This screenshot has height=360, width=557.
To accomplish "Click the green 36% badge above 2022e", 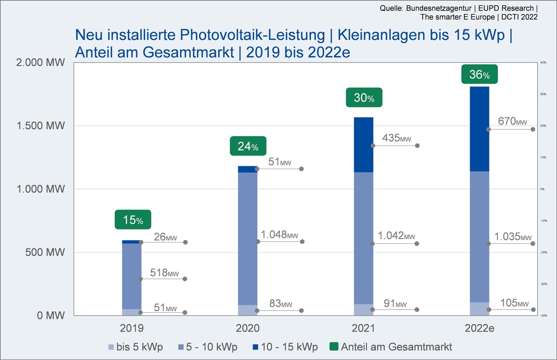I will click(479, 74).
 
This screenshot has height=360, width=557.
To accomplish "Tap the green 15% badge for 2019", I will click(133, 220).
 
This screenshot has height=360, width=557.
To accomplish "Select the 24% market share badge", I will click(248, 146).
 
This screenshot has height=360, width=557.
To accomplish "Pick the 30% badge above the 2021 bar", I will click(364, 98).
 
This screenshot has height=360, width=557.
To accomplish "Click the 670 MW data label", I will click(512, 121).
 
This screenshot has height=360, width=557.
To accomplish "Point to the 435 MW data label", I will click(397, 138).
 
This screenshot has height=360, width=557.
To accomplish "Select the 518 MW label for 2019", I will click(164, 273).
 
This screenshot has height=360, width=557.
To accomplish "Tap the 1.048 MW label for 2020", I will click(280, 235).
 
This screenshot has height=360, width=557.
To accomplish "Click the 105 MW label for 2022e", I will click(514, 303).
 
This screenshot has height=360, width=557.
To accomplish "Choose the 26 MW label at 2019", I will click(165, 237).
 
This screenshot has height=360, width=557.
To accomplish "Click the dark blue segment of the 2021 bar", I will click(363, 144).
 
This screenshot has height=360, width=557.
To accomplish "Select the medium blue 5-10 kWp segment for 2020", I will click(248, 238).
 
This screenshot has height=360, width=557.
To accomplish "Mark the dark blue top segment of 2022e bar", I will click(479, 129).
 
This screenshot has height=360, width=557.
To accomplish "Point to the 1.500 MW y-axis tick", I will click(41, 126).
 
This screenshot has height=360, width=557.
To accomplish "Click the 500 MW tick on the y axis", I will click(45, 252).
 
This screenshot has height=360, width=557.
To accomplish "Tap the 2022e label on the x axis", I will click(479, 328).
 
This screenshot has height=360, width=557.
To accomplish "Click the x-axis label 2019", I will click(132, 328).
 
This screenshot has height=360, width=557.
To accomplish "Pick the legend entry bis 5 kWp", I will click(136, 347).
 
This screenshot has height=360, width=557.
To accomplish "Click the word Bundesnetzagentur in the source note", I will click(439, 8).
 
